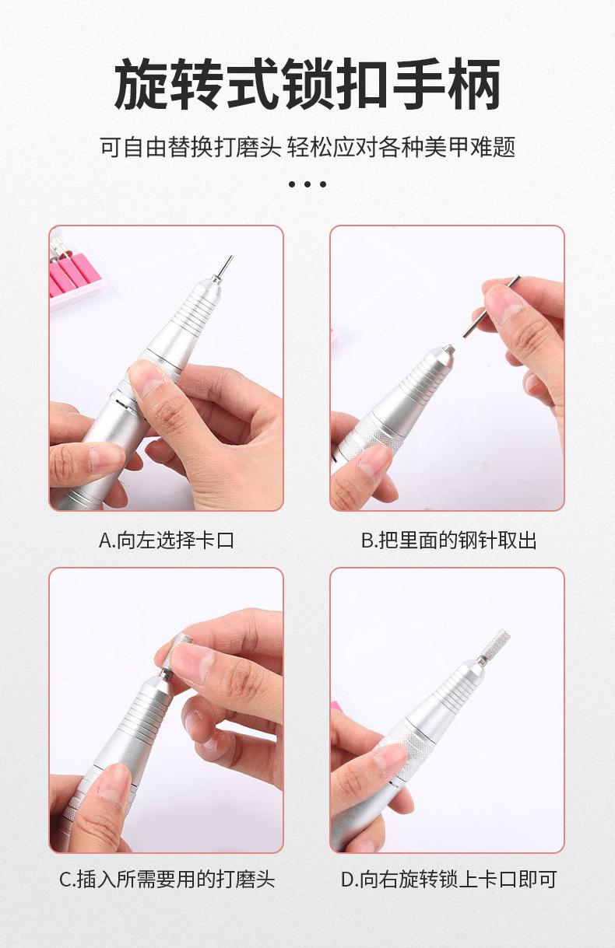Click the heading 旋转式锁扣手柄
point(307,85)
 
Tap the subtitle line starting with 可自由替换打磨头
point(307,147)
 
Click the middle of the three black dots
point(307,184)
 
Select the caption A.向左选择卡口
point(167,540)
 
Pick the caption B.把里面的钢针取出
point(449,540)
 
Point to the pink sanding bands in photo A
point(70,277)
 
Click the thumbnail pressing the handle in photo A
point(146,378)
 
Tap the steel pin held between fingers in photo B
point(490,307)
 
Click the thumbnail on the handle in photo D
point(390,761)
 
